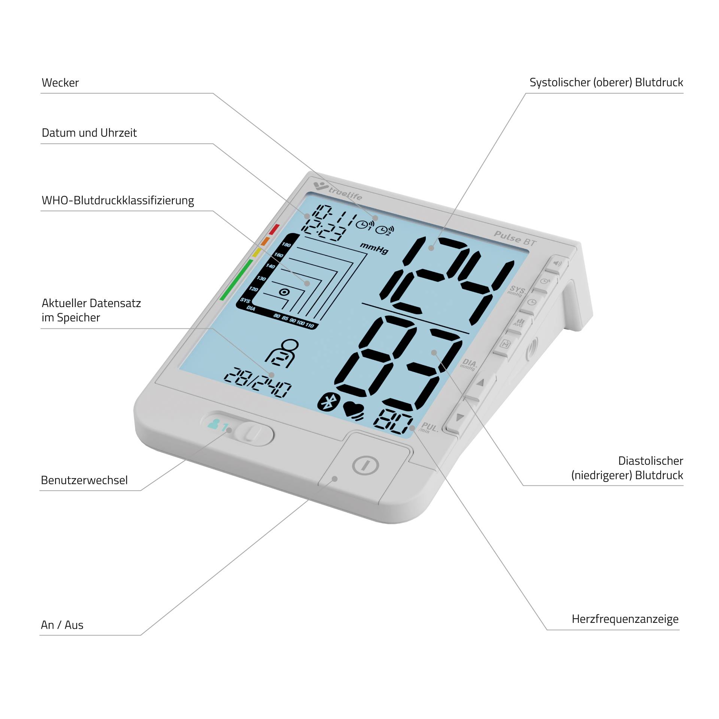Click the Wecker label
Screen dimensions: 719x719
[60, 83]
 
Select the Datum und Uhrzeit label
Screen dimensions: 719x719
[89, 133]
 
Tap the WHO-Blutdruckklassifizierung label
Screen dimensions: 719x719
[118, 201]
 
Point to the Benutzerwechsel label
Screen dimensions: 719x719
[84, 480]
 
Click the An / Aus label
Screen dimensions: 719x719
[62, 625]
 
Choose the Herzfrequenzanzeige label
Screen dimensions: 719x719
[625, 619]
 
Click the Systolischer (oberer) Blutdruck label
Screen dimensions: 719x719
[606, 83]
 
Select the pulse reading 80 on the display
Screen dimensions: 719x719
[392, 422]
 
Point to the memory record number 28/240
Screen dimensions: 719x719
[258, 382]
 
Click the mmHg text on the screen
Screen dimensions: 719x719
[374, 248]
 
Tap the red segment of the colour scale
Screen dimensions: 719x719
[274, 229]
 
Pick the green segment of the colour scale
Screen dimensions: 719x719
[236, 280]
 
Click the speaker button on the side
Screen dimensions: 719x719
[557, 263]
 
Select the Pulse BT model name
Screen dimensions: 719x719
[515, 239]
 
